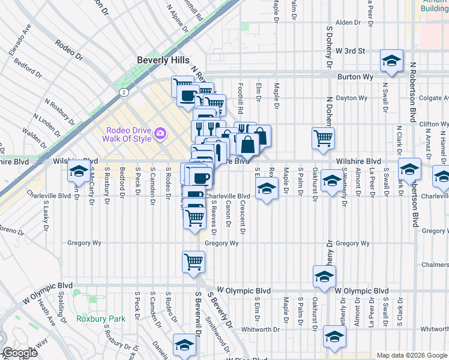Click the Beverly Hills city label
pyautogui.click(x=163, y=60)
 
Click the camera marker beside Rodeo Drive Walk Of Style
pyautogui.click(x=160, y=133)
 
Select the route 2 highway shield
pyautogui.click(x=122, y=92)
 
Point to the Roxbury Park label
pyautogui.click(x=101, y=319)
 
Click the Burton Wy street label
pyautogui.click(x=355, y=77)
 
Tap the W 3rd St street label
pyautogui.click(x=351, y=51)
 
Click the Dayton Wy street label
pyautogui.click(x=351, y=97)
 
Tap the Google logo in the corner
pyautogui.click(x=20, y=353)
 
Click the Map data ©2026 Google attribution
pyautogui.click(x=412, y=355)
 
